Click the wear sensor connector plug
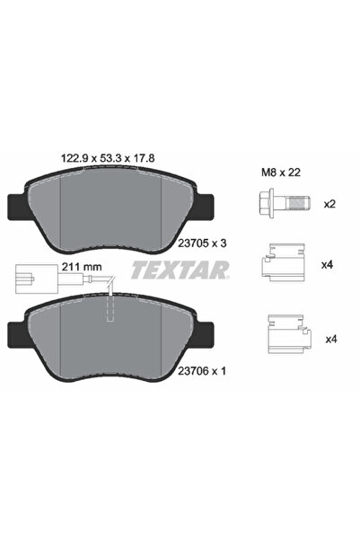(29, 275)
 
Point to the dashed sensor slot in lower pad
(110, 310)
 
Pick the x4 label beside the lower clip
(330, 339)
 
